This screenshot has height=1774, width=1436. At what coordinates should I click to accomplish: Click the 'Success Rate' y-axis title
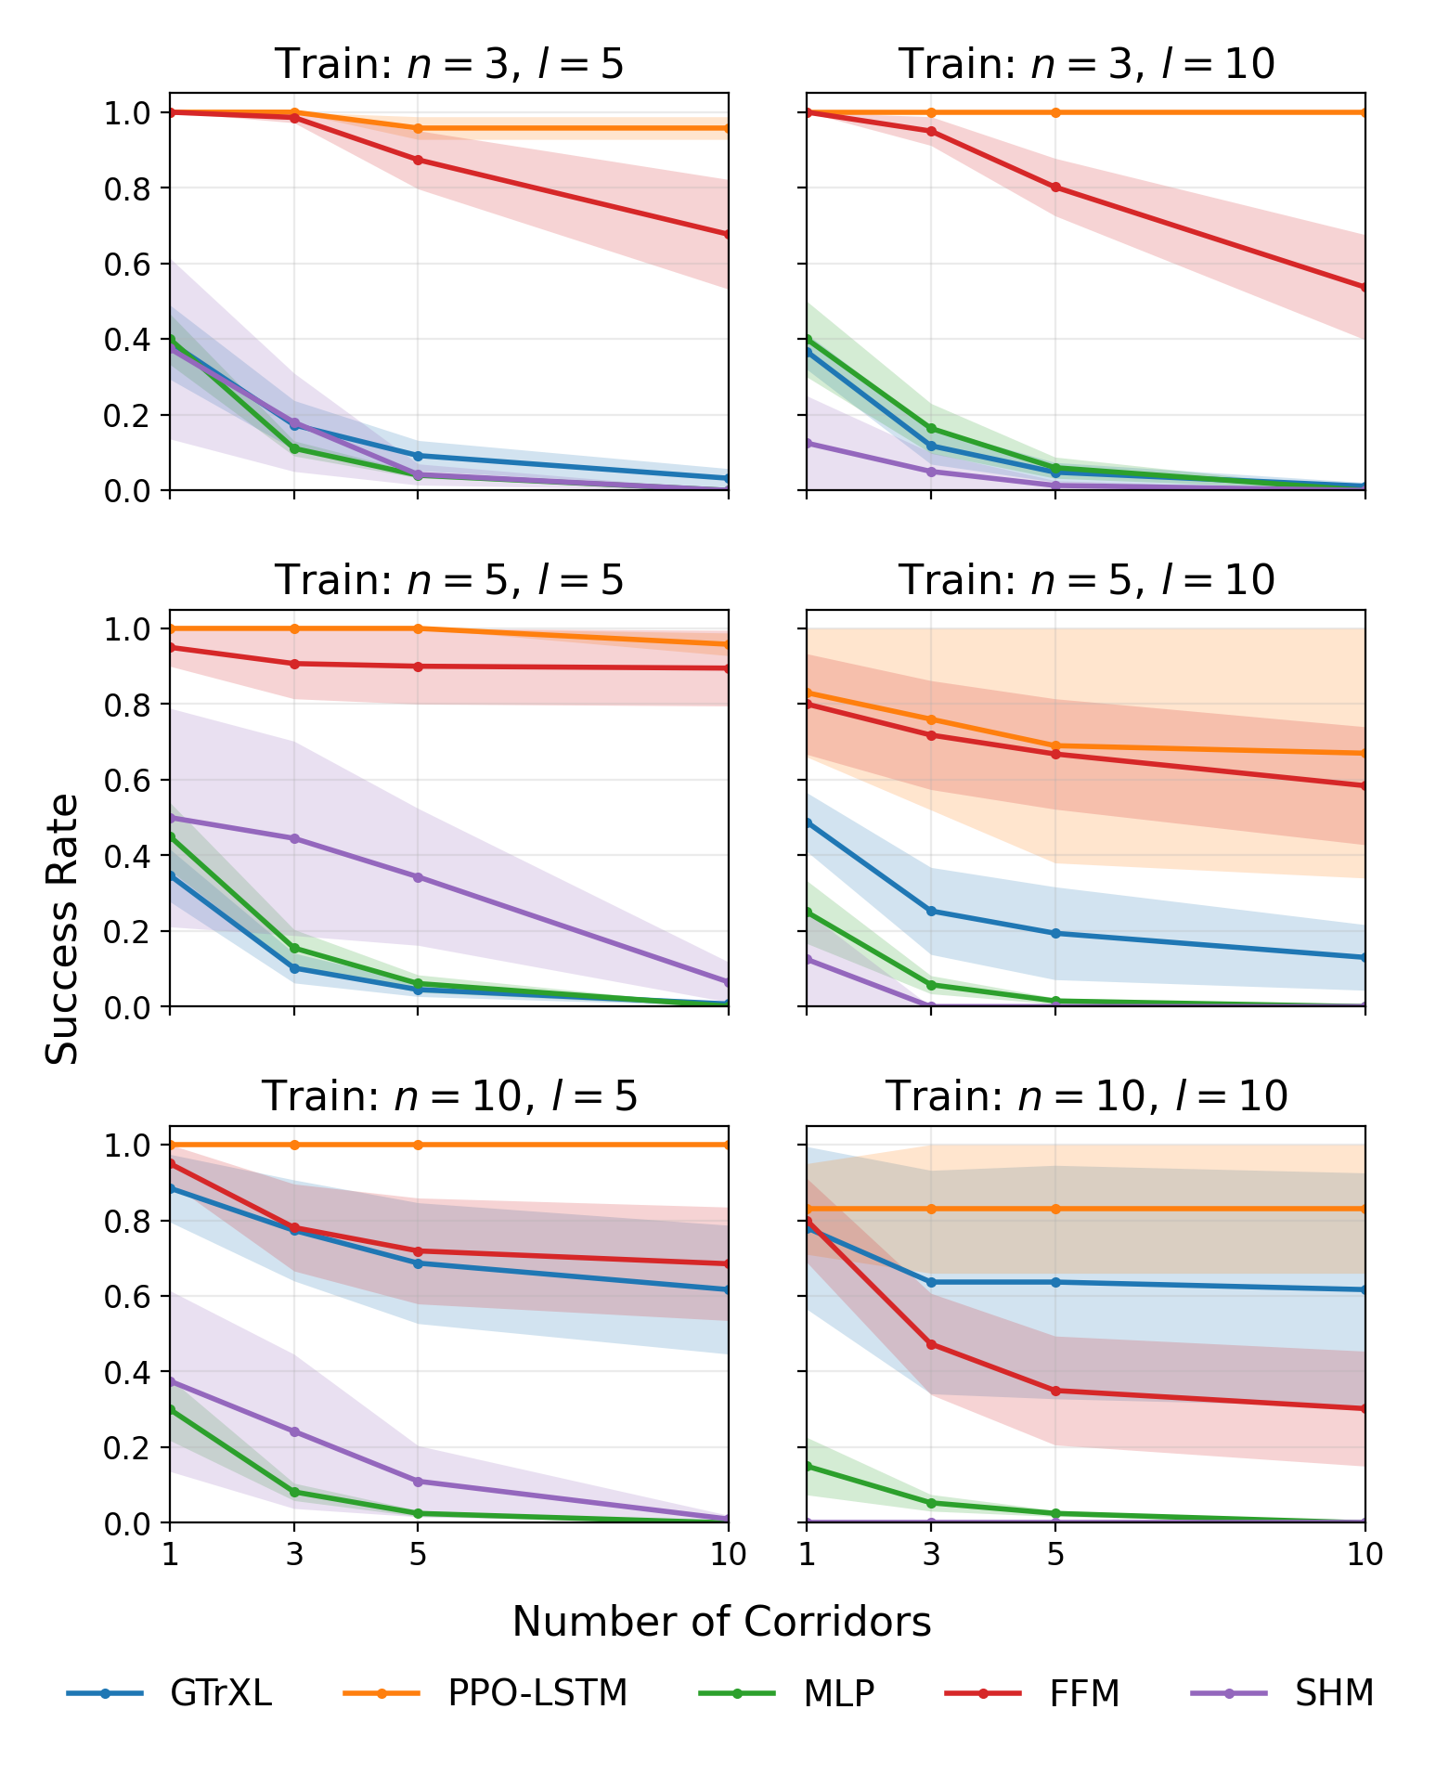[63, 928]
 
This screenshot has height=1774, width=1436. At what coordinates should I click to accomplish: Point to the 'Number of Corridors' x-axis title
[721, 1622]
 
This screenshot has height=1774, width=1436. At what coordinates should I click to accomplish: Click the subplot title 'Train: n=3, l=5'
[449, 64]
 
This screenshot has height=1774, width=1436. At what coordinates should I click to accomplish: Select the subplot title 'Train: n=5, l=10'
[1086, 580]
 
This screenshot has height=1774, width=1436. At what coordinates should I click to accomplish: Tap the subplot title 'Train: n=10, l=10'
[1086, 1096]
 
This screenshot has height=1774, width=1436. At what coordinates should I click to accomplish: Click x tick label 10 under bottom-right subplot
[1364, 1555]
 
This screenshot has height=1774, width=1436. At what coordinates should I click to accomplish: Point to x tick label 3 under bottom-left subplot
[294, 1555]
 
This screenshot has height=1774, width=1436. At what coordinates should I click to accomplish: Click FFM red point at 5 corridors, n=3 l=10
[1055, 188]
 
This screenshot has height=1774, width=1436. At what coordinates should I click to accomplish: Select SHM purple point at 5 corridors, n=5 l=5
[418, 877]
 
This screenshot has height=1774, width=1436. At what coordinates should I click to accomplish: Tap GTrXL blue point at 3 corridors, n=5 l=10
[931, 911]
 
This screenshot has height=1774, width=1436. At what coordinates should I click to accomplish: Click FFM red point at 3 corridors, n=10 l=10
[931, 1344]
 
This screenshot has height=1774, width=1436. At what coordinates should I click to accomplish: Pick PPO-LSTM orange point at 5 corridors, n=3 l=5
[418, 128]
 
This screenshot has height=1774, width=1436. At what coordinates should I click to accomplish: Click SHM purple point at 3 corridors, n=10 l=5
[294, 1431]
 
